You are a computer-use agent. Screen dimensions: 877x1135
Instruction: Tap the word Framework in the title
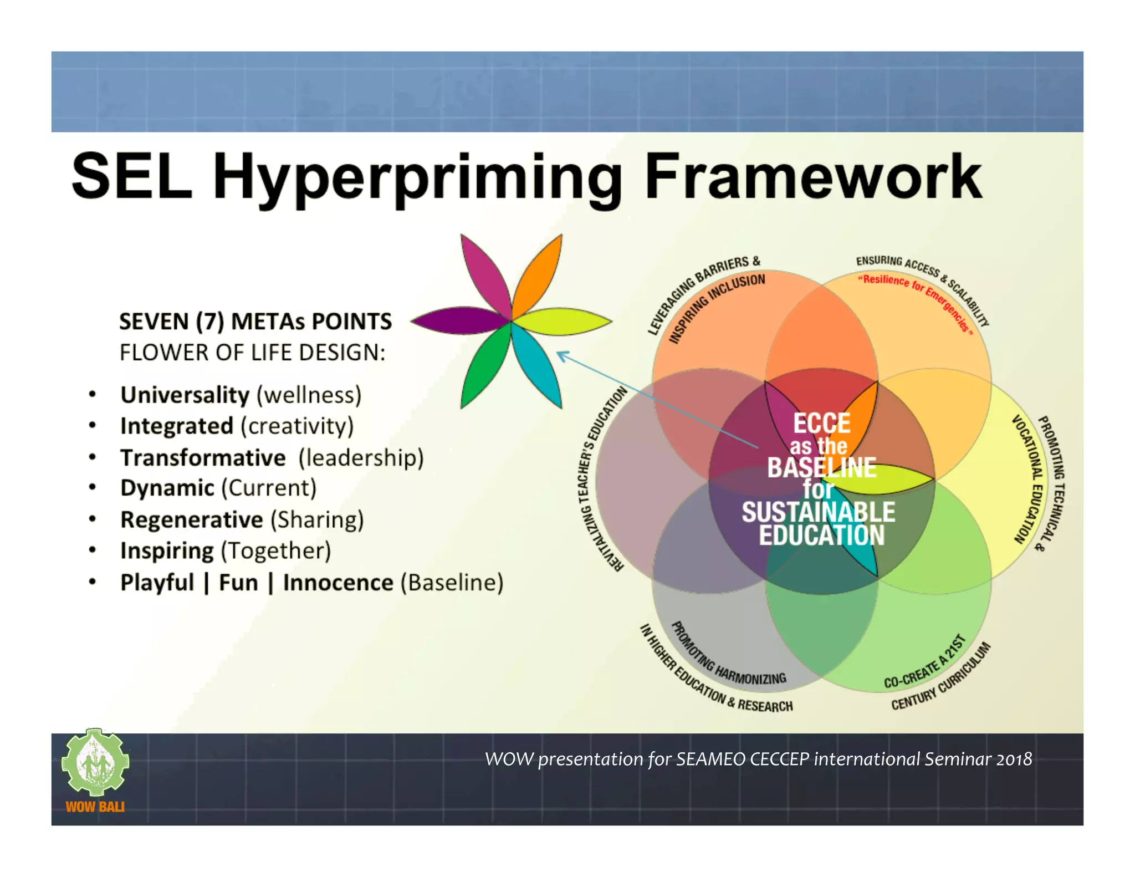point(813,177)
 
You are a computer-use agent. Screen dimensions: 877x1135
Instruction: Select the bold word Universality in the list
point(185,395)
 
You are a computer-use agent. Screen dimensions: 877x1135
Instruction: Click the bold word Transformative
point(203,458)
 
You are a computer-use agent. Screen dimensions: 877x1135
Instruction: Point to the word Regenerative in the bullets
point(192,520)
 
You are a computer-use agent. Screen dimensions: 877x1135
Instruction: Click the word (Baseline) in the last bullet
point(452,583)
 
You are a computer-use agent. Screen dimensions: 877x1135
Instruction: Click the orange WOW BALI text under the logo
point(95,807)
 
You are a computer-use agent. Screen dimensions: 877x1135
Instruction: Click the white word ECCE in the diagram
point(821,423)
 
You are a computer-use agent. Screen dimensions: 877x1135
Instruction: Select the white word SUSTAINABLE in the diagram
point(818,512)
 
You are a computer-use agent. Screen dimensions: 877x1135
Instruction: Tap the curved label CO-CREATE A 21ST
point(924,664)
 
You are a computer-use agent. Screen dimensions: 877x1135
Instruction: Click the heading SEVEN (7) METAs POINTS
point(255,322)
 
